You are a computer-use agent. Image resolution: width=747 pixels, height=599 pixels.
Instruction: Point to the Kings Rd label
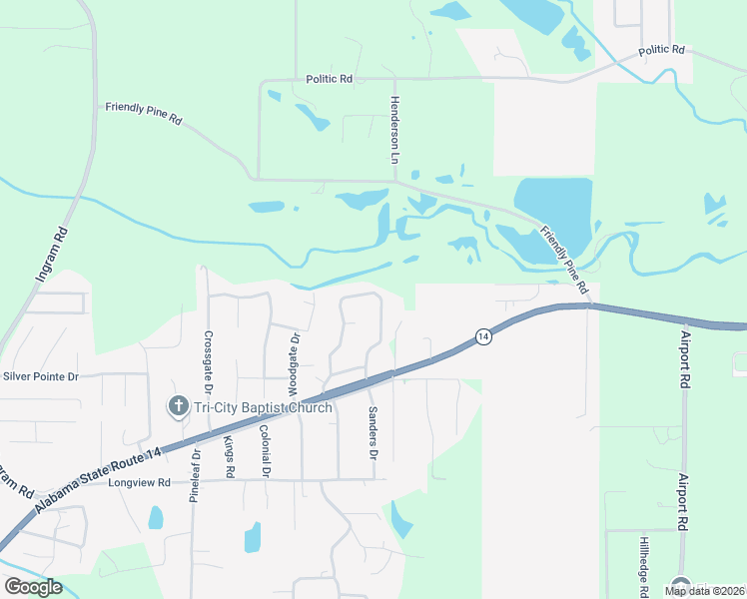click(x=229, y=455)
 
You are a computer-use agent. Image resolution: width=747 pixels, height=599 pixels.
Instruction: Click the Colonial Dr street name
click(x=264, y=450)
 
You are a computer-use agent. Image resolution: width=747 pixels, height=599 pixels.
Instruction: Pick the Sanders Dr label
click(x=372, y=433)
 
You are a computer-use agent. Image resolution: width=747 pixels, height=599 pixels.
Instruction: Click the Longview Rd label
click(x=141, y=482)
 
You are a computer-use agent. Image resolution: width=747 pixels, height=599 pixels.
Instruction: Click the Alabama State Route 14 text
click(x=97, y=468)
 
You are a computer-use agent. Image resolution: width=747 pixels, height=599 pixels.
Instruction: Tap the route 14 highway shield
click(x=482, y=336)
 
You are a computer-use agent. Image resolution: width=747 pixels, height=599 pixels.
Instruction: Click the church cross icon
click(x=177, y=405)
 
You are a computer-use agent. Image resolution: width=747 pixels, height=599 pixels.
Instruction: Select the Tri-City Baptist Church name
click(x=262, y=407)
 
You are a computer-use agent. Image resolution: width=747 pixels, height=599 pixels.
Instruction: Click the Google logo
click(x=33, y=586)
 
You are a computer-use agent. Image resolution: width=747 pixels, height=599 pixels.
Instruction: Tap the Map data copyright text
click(x=703, y=591)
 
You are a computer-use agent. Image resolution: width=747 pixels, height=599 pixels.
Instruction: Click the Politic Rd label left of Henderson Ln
click(x=329, y=77)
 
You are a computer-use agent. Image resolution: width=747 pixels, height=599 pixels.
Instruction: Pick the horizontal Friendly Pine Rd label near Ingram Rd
click(x=144, y=113)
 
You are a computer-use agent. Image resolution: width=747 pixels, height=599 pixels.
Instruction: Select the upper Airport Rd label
click(x=685, y=359)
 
